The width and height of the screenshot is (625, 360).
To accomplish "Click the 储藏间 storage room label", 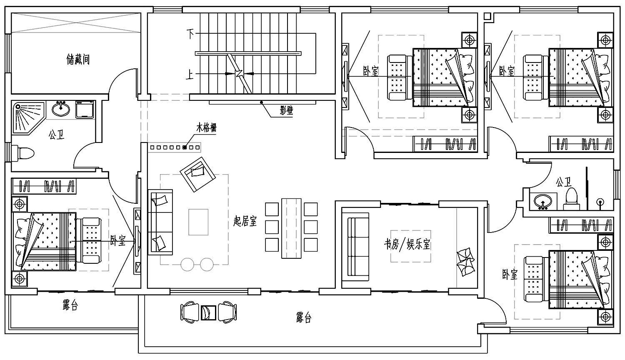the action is (78, 59).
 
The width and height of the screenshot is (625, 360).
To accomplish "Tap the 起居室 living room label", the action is (245, 221).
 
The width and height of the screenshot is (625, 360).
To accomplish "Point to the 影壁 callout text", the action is (287, 111).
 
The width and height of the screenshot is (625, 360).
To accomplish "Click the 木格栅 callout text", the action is (207, 128).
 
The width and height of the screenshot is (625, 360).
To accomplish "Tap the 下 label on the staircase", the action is (190, 34).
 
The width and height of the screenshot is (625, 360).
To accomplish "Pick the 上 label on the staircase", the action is (190, 75).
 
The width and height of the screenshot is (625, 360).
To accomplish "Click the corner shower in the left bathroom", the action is (28, 118).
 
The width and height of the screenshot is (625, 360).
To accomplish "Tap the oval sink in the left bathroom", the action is (61, 109).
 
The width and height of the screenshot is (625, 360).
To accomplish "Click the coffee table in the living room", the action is (198, 222).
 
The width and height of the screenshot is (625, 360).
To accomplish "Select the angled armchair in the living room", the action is (198, 175).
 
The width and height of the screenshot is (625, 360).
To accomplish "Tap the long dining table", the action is (291, 228).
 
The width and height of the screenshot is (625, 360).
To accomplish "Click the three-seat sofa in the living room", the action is (160, 222).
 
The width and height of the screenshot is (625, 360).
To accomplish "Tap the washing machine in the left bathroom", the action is (85, 110).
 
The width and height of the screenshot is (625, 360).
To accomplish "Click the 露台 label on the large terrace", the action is (304, 317).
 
